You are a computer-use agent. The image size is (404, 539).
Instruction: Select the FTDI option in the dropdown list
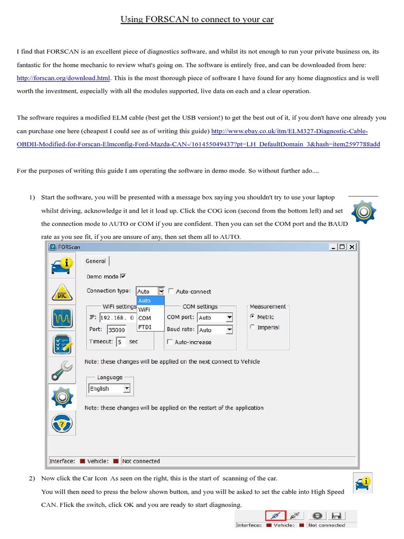[145, 327]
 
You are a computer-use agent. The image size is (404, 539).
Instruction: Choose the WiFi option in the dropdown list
[144, 310]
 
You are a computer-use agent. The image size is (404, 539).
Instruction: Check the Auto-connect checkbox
[170, 291]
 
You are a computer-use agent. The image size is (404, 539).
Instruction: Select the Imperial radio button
[252, 327]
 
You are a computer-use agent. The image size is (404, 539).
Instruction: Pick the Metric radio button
[252, 317]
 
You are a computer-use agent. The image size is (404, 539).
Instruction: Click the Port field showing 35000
[116, 330]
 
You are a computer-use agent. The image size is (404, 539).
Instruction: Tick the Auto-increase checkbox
[169, 342]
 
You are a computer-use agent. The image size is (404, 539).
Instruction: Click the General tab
[96, 261]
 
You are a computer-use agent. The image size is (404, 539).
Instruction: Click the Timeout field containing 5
[122, 342]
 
